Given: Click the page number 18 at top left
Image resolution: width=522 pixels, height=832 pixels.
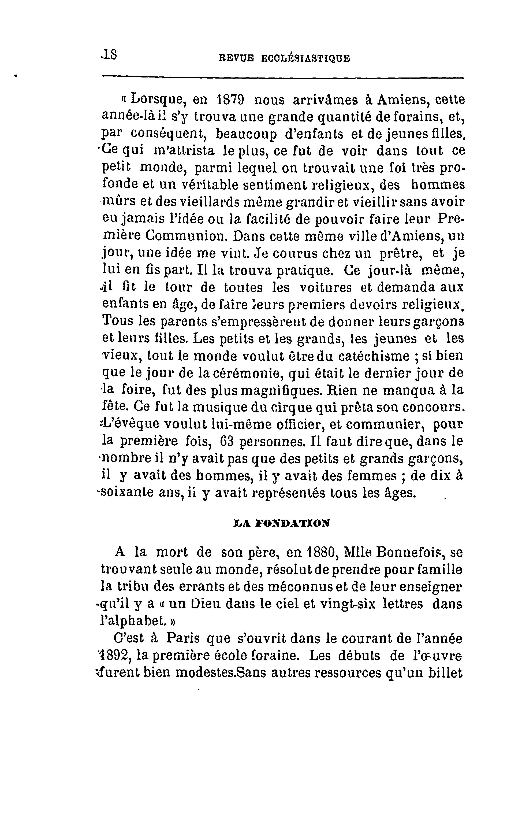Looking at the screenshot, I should pyautogui.click(x=109, y=55).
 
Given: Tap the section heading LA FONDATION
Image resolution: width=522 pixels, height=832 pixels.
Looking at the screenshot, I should pyautogui.click(x=282, y=523).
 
